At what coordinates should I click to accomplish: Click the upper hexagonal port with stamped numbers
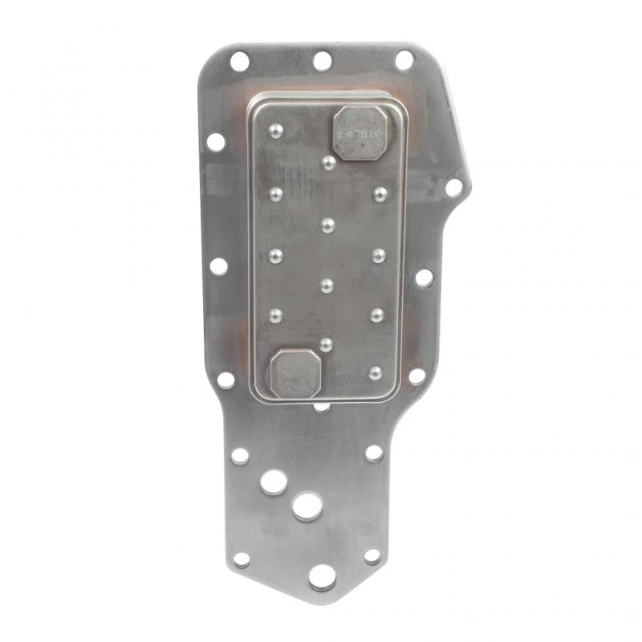tap(360, 132)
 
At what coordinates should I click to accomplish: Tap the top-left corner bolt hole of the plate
tap(239, 61)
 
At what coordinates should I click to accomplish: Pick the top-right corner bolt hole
tap(404, 60)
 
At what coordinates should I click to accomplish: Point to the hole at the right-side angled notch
tap(454, 188)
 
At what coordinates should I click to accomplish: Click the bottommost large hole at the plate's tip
tap(322, 576)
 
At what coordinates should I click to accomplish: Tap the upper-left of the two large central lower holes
tap(274, 481)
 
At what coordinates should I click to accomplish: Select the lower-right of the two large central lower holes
tap(307, 506)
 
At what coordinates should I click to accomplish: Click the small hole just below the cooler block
tap(322, 407)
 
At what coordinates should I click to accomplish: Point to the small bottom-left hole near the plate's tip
tap(241, 559)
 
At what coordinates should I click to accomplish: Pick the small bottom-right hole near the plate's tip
tap(372, 555)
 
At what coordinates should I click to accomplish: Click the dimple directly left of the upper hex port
tap(276, 131)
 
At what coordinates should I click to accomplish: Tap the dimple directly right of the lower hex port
tap(376, 373)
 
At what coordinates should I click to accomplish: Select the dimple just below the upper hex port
tap(328, 163)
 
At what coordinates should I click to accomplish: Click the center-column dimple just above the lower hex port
tap(326, 344)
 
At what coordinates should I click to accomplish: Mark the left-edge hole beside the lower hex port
tap(226, 380)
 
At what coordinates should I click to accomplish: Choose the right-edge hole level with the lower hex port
tap(416, 376)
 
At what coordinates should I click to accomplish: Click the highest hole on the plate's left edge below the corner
tap(216, 142)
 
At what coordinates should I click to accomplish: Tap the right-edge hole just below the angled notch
tap(424, 278)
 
